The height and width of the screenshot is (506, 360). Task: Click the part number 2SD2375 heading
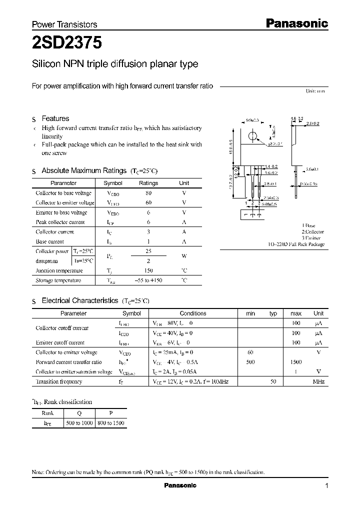(x=67, y=43)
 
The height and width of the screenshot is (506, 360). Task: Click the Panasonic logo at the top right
(x=295, y=23)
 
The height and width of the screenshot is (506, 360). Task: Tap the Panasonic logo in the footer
(x=180, y=485)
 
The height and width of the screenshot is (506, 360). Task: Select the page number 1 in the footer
(x=326, y=485)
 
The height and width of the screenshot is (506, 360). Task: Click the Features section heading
(x=55, y=118)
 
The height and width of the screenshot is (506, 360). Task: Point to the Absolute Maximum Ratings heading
(x=83, y=170)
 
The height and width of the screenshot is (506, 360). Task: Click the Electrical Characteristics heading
(x=80, y=300)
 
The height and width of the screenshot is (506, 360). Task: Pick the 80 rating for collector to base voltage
(x=148, y=193)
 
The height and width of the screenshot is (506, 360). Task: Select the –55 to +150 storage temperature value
(x=148, y=280)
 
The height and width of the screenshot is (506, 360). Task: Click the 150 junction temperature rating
(x=148, y=270)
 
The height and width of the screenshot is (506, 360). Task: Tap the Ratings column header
(x=148, y=183)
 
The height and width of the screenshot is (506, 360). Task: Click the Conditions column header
(x=193, y=313)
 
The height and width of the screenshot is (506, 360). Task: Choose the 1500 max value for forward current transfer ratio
(x=296, y=362)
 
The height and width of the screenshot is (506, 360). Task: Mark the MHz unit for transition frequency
(x=318, y=381)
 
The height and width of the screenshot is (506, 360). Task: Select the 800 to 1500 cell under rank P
(x=111, y=423)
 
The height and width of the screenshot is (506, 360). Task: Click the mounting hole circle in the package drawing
(x=253, y=136)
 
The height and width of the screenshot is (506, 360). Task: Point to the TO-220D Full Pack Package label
(x=295, y=244)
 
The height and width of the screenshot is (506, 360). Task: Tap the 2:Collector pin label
(x=312, y=232)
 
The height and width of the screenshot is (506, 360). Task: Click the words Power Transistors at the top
(x=64, y=24)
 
